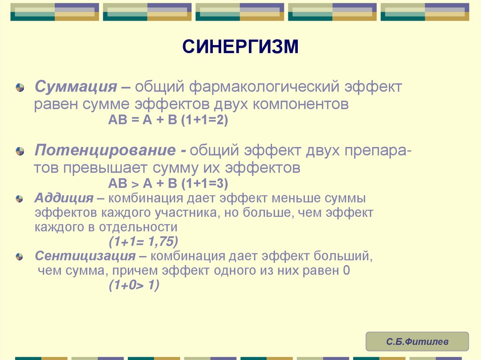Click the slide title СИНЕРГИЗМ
point(240,47)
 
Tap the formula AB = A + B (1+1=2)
point(168,120)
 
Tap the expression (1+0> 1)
point(134,286)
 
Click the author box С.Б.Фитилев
point(417,342)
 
